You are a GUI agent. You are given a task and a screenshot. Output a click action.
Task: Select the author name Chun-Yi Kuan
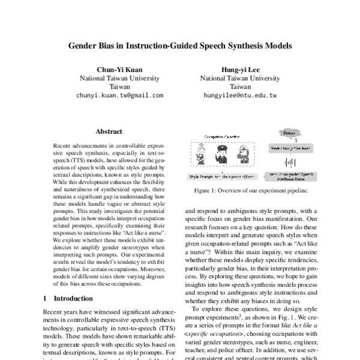click(120, 68)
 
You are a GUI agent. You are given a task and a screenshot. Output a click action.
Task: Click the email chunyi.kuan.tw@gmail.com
click(120, 95)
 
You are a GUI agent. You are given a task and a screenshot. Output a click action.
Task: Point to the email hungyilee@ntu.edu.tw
click(239, 95)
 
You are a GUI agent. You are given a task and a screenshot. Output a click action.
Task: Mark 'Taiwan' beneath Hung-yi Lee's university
click(239, 86)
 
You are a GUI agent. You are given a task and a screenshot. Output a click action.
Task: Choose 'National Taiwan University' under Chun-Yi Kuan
click(120, 77)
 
